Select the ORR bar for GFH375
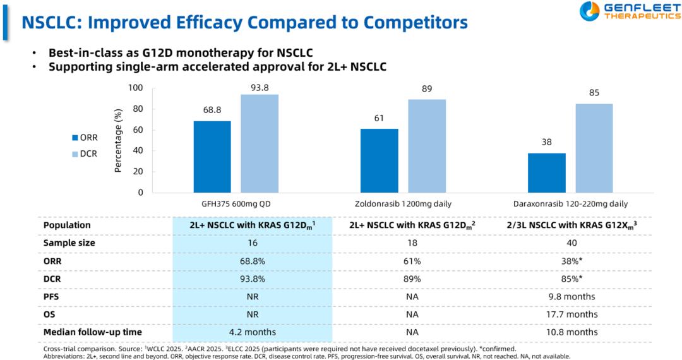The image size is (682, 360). pyautogui.click(x=213, y=157)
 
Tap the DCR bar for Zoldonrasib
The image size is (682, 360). pyautogui.click(x=427, y=146)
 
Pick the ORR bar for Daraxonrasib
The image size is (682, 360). pyautogui.click(x=547, y=172)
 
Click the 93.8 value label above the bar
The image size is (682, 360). pyautogui.click(x=260, y=88)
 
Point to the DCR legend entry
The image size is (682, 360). pyautogui.click(x=84, y=153)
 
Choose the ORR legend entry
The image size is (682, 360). pyautogui.click(x=84, y=138)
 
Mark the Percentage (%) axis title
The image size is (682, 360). pyautogui.click(x=117, y=141)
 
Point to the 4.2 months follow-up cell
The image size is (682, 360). pyautogui.click(x=253, y=332)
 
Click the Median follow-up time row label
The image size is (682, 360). pyautogui.click(x=92, y=332)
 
